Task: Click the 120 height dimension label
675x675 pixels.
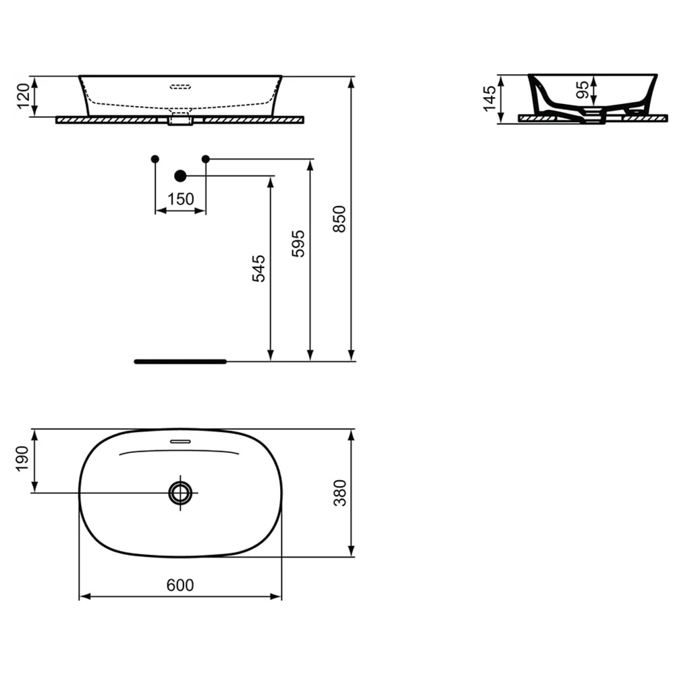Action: [x=23, y=96]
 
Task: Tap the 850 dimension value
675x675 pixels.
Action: [x=340, y=219]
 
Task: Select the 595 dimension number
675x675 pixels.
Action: [x=298, y=244]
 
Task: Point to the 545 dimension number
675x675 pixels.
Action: [x=259, y=269]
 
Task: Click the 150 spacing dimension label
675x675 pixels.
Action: [x=180, y=199]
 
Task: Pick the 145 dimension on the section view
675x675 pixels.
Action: [x=489, y=99]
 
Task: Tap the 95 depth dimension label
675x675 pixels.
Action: [x=583, y=90]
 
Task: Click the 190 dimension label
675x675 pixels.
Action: [x=22, y=459]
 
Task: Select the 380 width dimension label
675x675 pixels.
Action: [x=340, y=493]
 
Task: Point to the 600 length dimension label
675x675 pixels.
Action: [x=180, y=585]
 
